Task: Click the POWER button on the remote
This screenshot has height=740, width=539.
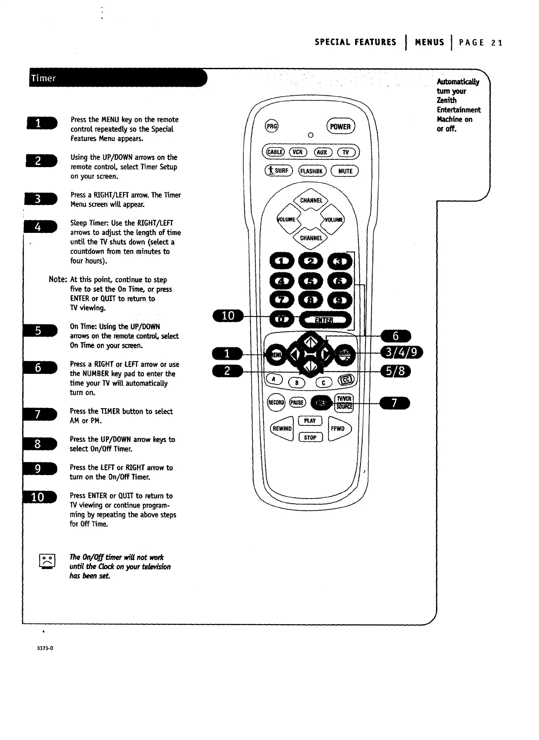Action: pyautogui.click(x=340, y=126)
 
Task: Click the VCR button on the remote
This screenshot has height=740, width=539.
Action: pyautogui.click(x=297, y=152)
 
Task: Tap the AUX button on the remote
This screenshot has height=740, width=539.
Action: pyautogui.click(x=322, y=152)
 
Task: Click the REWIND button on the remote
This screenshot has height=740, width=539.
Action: pyautogui.click(x=282, y=429)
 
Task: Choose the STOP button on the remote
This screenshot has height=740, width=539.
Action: pyautogui.click(x=310, y=438)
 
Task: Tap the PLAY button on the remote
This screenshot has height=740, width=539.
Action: pyautogui.click(x=310, y=421)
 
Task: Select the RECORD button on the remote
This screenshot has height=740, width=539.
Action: pyautogui.click(x=276, y=402)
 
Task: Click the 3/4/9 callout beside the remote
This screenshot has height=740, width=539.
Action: pyautogui.click(x=401, y=353)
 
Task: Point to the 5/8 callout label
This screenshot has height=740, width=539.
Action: pyautogui.click(x=395, y=371)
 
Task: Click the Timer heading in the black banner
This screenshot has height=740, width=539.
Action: pyautogui.click(x=43, y=78)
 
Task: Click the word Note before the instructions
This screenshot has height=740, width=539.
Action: pyautogui.click(x=58, y=279)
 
